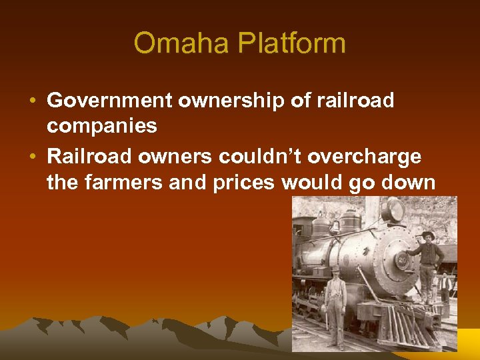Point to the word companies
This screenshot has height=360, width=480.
102,125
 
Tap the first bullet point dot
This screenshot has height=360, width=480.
33,101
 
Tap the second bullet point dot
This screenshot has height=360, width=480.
33,157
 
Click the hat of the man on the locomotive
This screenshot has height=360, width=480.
427,235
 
